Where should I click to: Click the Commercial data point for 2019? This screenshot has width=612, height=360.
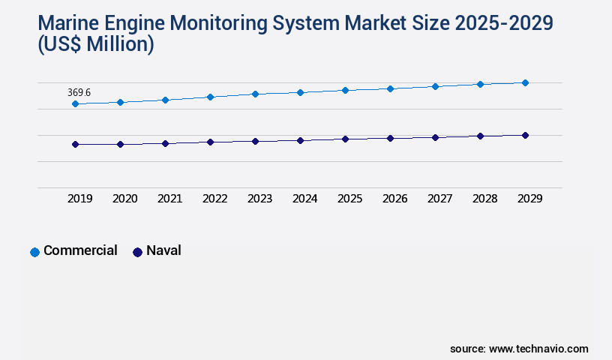(75, 104)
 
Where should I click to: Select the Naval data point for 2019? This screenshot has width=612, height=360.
(75, 144)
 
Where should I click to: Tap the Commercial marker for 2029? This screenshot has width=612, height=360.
(525, 82)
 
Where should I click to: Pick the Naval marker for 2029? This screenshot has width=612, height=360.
(525, 135)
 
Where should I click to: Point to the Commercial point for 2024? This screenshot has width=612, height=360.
(300, 92)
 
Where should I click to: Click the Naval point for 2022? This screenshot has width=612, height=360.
(210, 142)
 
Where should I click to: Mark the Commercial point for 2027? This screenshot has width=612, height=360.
(435, 86)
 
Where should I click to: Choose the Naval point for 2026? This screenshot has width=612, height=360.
(390, 138)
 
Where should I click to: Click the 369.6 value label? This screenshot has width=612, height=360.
(79, 92)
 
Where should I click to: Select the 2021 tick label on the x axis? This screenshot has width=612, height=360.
(169, 199)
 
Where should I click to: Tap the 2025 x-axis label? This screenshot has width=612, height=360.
(349, 199)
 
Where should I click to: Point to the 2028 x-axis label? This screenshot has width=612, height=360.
(484, 199)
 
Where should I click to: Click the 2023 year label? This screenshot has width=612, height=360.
(259, 199)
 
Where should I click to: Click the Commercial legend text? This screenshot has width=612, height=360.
(80, 250)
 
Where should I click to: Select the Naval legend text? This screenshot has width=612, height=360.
(163, 250)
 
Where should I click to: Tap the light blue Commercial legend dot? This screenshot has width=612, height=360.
(34, 252)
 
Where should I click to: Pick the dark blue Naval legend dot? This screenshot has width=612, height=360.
(137, 252)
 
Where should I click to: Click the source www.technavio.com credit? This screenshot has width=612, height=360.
(519, 349)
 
